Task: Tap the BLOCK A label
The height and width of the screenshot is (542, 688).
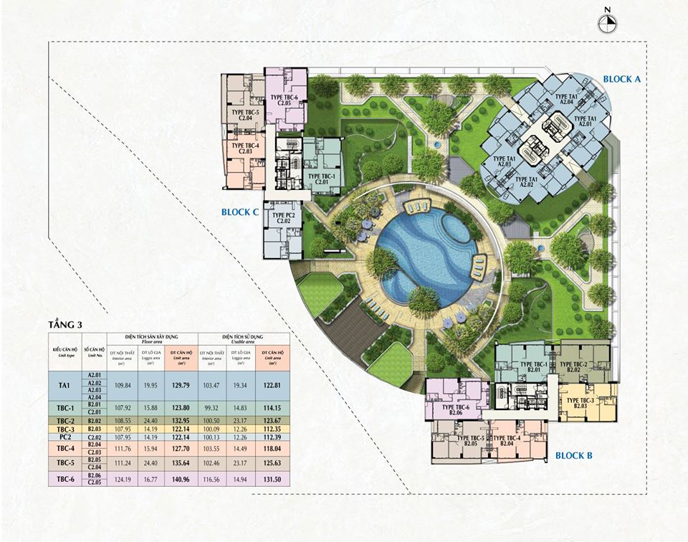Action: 621,79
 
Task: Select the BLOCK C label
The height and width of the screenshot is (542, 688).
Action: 240,212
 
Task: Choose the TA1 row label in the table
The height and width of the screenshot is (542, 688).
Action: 64,386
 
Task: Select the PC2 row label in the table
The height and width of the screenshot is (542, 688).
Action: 64,437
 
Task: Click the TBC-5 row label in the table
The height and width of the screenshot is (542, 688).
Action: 64,463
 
